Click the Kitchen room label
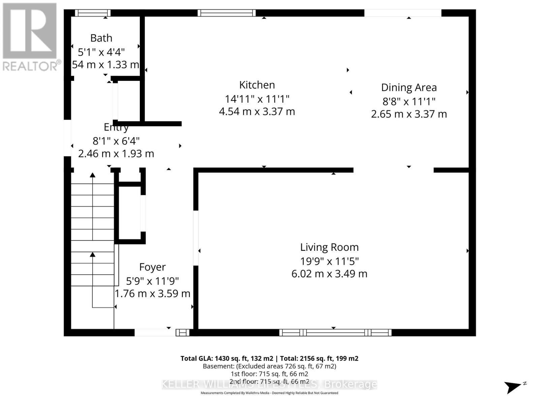[x=257, y=85]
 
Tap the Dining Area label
[x=409, y=88]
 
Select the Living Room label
[x=329, y=247]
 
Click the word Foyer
[x=152, y=267]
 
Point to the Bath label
[x=101, y=38]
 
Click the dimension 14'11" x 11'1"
[x=257, y=99]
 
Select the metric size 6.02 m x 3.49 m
[x=329, y=274]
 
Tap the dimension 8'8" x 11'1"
[x=409, y=101]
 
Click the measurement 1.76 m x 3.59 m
[x=152, y=294]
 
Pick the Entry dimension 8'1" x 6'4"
[x=116, y=141]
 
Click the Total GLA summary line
[x=269, y=359]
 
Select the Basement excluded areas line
[x=269, y=366]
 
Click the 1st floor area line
[x=269, y=374]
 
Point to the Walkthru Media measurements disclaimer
[x=269, y=393]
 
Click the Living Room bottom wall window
[x=335, y=333]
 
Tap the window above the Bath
[x=93, y=13]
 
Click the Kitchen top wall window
[x=226, y=13]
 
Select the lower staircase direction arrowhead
[x=93, y=255]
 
